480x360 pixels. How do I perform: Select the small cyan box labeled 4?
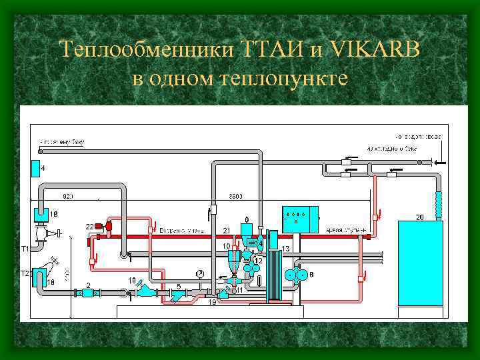click(35, 168)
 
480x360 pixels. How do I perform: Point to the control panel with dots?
click(299, 219)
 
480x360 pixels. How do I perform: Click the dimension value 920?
click(67, 196)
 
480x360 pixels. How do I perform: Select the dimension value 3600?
click(236, 196)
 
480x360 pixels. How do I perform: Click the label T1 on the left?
click(25, 248)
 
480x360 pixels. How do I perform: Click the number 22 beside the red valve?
click(89, 227)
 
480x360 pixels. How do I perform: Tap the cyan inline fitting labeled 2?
click(87, 292)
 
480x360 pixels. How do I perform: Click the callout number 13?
click(285, 249)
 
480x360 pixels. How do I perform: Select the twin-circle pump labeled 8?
click(297, 275)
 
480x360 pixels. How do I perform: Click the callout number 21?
click(227, 230)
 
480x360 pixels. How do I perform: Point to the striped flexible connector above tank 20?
click(438, 203)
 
